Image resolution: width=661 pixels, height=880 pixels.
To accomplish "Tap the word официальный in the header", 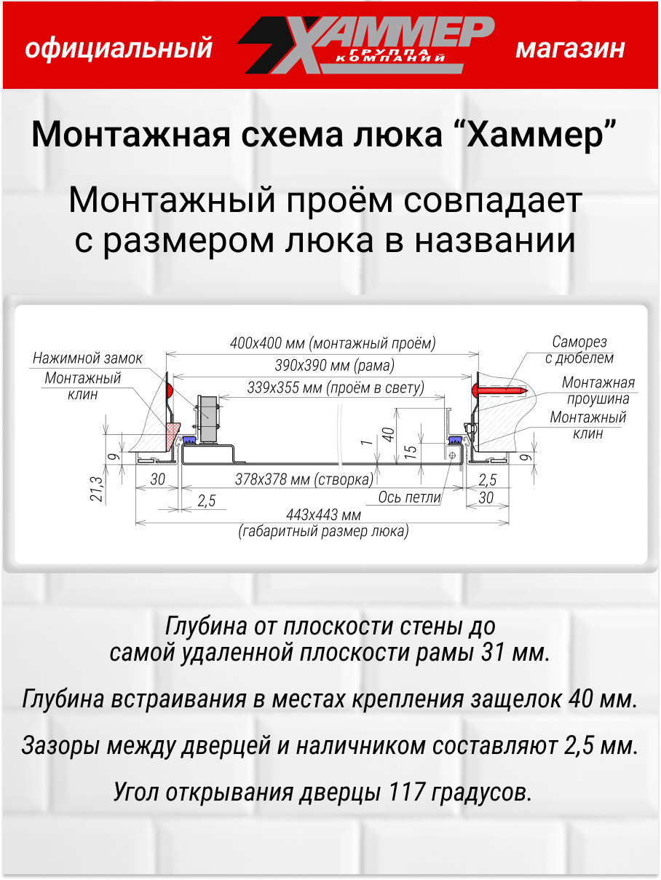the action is click(119, 49).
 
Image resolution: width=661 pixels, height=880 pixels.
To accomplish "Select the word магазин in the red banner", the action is click(570, 49).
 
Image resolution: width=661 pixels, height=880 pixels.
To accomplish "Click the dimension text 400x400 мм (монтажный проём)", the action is click(333, 342).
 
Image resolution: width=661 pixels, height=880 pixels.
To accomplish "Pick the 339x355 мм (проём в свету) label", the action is click(335, 388).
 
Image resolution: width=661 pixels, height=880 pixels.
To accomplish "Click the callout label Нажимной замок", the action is click(87, 358).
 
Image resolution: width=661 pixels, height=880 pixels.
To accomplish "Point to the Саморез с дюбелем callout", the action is click(579, 350).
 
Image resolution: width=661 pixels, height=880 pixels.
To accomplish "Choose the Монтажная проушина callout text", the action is click(598, 390).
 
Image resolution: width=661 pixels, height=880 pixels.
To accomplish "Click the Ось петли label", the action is click(410, 498).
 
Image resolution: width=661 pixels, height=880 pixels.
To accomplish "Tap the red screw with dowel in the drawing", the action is click(502, 390).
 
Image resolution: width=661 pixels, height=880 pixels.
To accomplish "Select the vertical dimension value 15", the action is click(411, 451).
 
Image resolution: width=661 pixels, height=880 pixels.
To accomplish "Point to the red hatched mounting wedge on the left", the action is click(173, 434).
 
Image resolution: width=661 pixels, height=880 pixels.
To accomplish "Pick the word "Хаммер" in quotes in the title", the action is click(540, 135).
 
